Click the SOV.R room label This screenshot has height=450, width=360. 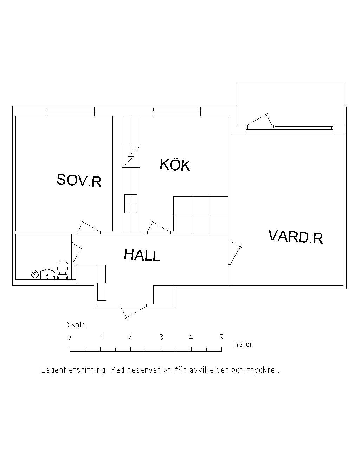click(x=79, y=180)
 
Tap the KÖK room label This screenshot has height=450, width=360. click(x=175, y=165)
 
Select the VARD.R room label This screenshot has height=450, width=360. click(x=295, y=236)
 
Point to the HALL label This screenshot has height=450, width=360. click(x=142, y=255)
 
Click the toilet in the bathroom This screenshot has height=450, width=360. click(x=63, y=270)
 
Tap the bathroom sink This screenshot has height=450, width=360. click(x=47, y=274)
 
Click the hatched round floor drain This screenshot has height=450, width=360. click(x=35, y=274)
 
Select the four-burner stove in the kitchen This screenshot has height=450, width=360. click(x=131, y=204)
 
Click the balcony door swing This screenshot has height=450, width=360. click(x=260, y=120)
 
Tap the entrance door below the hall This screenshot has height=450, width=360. click(x=133, y=311)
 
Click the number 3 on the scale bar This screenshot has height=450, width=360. click(x=161, y=337)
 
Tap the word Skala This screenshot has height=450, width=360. click(x=76, y=324)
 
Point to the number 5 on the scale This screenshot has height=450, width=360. click(x=221, y=337)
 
